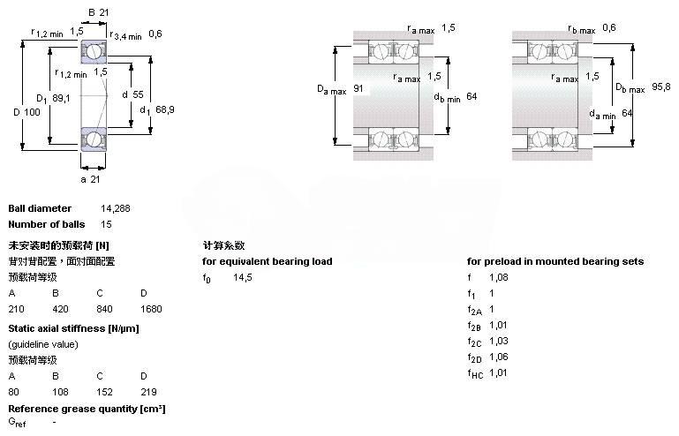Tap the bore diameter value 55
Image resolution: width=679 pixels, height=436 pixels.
pos(138,94)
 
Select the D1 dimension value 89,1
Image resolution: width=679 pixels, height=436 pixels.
pos(61,98)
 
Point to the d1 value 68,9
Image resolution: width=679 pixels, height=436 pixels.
pos(164,109)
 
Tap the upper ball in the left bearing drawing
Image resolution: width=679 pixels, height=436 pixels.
pos(94,52)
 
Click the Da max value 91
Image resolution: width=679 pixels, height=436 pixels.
pos(358,89)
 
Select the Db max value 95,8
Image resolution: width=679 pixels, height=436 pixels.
pos(660,86)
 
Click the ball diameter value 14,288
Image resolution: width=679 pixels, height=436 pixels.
pos(116,208)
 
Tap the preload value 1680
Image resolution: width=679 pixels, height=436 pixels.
pos(151,309)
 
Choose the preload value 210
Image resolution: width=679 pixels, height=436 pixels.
pos(16,309)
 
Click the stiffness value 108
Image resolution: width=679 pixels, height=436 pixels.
pos(60,391)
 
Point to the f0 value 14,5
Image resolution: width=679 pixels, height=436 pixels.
pos(243,277)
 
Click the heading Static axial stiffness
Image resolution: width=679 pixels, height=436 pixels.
pos(73,328)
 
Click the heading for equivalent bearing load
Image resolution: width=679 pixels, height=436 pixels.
pos(268,261)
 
